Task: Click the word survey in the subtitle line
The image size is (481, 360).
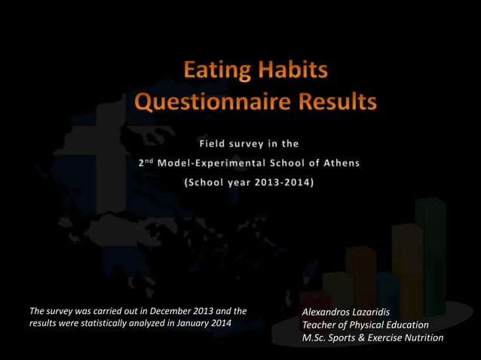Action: [253, 143]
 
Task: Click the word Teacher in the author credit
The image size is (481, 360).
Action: [320, 325]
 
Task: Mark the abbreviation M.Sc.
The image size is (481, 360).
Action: [316, 337]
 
